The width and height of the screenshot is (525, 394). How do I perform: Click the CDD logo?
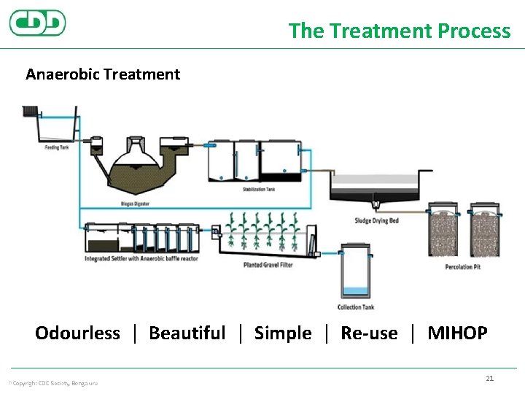pos(37,23)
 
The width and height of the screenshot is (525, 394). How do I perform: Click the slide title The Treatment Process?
pos(399,31)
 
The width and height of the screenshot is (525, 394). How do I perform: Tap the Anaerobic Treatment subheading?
pos(103,74)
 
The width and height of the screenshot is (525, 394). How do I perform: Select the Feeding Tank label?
pos(56,147)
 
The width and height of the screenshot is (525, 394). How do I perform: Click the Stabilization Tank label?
pos(259,190)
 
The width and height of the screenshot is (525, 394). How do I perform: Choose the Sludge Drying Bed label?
pos(376,220)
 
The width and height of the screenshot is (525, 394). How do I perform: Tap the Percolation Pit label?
pos(463,267)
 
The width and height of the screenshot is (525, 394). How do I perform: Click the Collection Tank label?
pos(356,307)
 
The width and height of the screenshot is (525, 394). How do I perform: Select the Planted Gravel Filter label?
pos(268,265)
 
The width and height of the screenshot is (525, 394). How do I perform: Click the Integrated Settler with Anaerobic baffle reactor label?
pos(141,258)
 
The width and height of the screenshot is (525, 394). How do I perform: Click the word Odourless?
pos(77,333)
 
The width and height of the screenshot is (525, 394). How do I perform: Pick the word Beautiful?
pos(187,333)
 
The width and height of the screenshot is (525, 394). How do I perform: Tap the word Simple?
pos(283,333)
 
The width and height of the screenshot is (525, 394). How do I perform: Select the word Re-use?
pos(369,333)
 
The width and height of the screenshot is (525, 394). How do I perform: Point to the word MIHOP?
pos(457,333)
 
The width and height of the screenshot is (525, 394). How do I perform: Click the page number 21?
pos(489,378)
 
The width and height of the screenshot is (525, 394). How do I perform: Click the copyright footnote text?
pos(52,383)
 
